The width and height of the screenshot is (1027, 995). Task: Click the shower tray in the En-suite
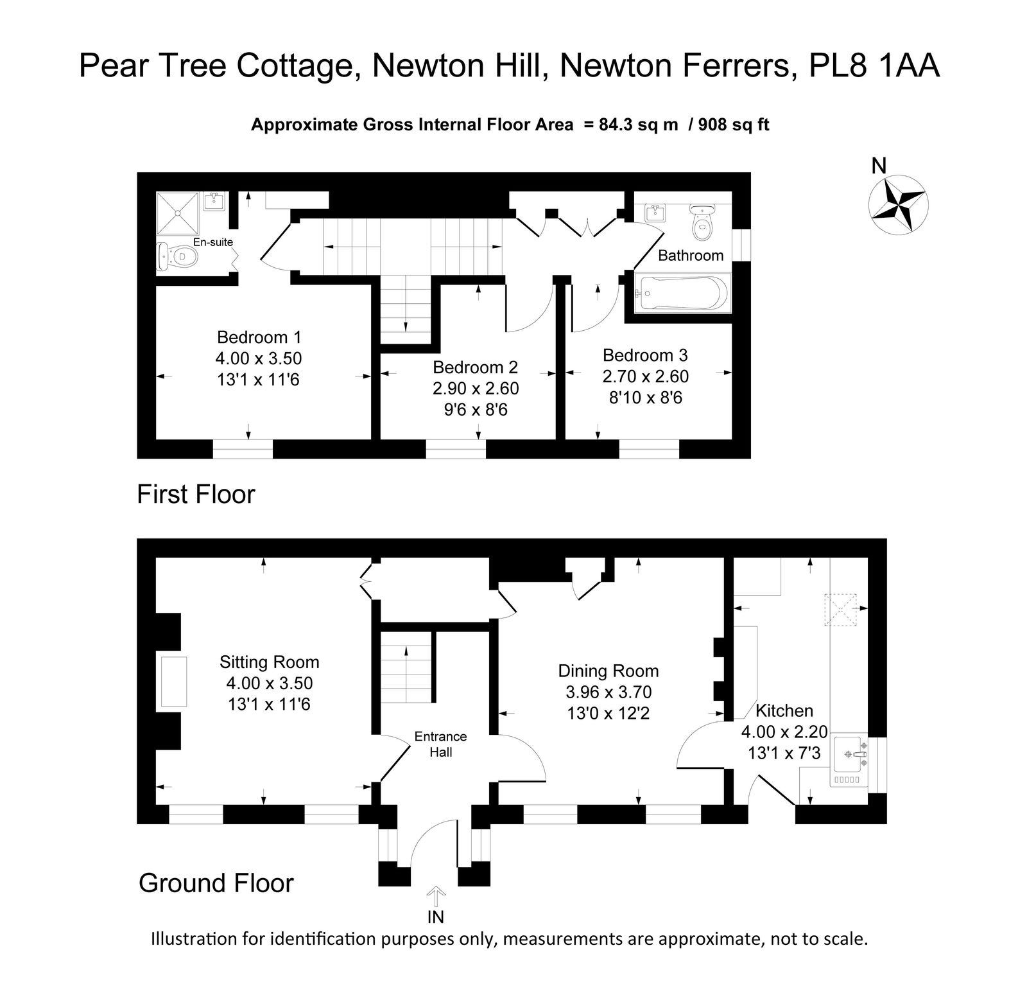(x=178, y=213)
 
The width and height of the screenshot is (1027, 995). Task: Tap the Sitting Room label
(x=269, y=662)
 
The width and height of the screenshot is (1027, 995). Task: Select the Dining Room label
(x=608, y=671)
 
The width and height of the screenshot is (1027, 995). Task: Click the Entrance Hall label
(x=441, y=744)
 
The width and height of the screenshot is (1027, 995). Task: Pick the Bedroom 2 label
(x=476, y=367)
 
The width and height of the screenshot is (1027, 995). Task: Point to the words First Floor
(x=196, y=495)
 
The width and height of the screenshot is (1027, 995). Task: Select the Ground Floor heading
(x=216, y=883)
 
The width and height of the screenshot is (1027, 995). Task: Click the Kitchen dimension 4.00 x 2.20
(x=784, y=732)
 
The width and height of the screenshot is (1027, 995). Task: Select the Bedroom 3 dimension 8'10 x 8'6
(x=646, y=398)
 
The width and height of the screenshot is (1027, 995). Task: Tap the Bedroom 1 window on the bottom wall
(x=243, y=448)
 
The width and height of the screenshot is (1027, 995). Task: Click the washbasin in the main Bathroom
(x=654, y=213)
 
